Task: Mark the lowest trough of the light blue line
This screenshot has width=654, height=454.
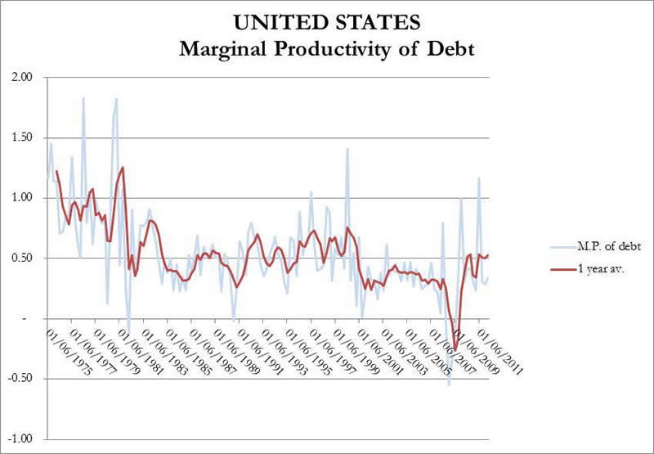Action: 448,384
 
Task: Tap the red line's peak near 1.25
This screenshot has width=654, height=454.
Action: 123,168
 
